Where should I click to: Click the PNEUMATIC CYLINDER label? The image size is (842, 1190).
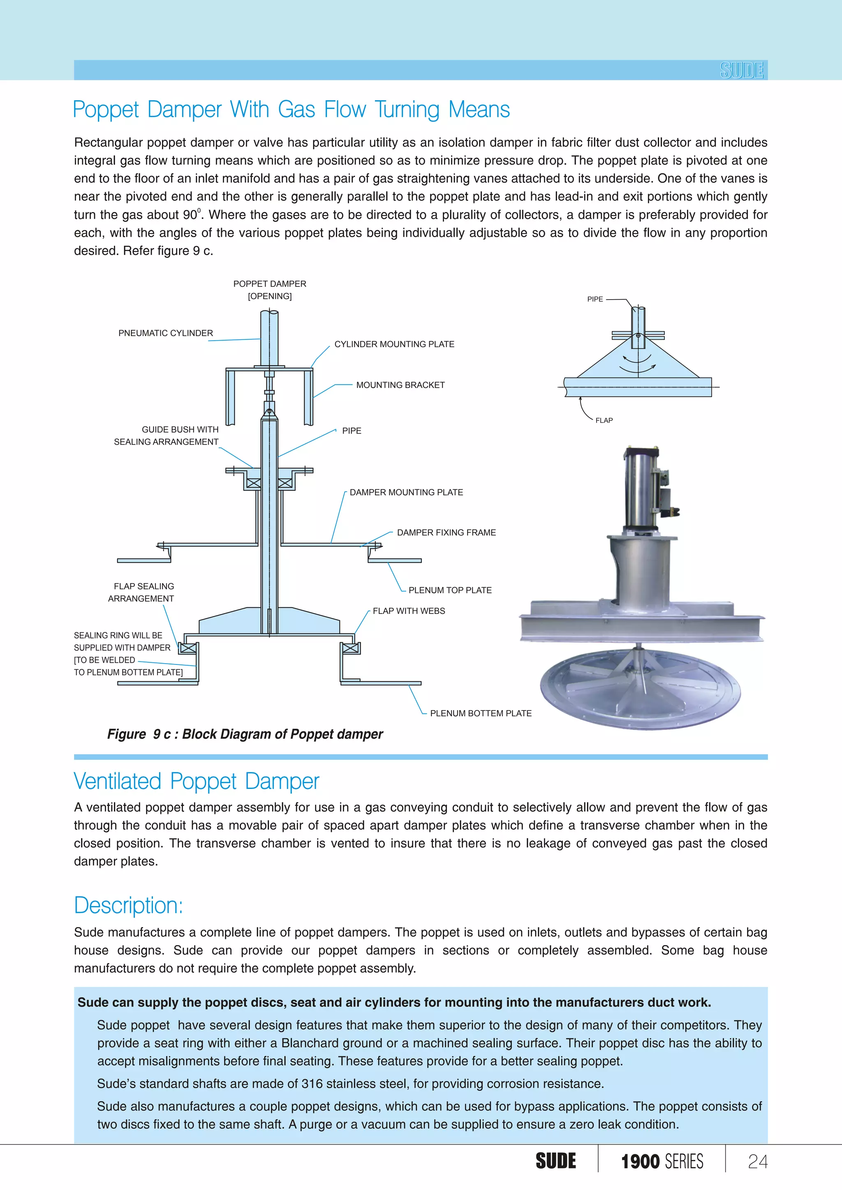[165, 333]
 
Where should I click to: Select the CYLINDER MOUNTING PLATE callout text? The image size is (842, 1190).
[394, 344]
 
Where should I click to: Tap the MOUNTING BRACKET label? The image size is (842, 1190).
[400, 385]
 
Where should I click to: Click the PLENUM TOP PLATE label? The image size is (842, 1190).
[449, 590]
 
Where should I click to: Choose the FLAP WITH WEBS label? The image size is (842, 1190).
[409, 611]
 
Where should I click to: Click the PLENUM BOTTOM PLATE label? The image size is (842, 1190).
[481, 713]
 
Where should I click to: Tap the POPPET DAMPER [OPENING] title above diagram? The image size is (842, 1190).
[270, 290]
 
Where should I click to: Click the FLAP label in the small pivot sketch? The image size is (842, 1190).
[604, 420]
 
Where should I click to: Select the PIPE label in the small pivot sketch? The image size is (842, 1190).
[594, 299]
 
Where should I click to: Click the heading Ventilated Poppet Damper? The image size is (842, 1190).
[197, 782]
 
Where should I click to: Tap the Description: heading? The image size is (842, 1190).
[129, 906]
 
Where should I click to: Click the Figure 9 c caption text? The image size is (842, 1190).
[245, 734]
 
